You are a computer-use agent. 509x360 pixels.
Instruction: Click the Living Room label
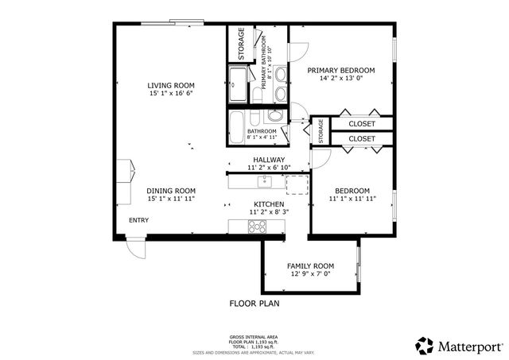pyautogui.click(x=171, y=85)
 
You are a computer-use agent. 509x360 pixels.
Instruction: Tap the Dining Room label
pyautogui.click(x=171, y=191)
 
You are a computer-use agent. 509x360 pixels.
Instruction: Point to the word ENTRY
pyautogui.click(x=138, y=221)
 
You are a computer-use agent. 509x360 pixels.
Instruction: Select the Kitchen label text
pyautogui.click(x=269, y=204)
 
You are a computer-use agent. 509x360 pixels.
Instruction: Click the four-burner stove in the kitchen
pyautogui.click(x=258, y=226)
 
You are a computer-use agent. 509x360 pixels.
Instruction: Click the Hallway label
pyautogui.click(x=269, y=159)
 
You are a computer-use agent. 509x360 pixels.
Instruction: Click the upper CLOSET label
pyautogui.click(x=362, y=124)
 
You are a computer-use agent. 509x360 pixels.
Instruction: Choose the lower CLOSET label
pyautogui.click(x=362, y=139)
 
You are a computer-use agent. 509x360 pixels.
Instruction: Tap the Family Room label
pyautogui.click(x=310, y=266)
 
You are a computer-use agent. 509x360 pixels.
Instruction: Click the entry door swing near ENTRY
pyautogui.click(x=137, y=248)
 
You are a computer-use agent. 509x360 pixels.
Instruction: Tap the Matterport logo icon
pyautogui.click(x=425, y=346)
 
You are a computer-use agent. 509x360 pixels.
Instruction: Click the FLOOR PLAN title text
pyautogui.click(x=254, y=304)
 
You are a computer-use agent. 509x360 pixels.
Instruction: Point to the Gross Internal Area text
pyautogui.click(x=254, y=338)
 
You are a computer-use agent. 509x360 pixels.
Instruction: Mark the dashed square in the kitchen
pyautogui.click(x=296, y=184)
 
